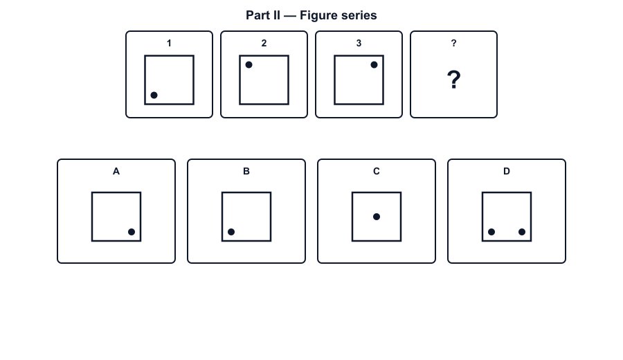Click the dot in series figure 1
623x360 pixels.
tap(154, 95)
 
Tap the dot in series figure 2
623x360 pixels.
tap(249, 65)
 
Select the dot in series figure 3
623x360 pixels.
tap(374, 65)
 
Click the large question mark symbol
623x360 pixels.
tap(453, 80)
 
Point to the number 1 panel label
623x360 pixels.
tap(169, 43)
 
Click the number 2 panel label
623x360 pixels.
tap(264, 43)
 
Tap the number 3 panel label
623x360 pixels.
tap(359, 43)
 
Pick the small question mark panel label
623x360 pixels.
tap(453, 43)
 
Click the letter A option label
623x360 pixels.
tap(116, 171)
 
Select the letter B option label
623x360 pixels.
tap(246, 171)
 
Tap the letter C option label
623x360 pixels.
tap(377, 171)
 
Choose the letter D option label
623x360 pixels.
tap(507, 171)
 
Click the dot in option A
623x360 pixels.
tap(132, 232)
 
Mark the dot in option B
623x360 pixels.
tap(231, 232)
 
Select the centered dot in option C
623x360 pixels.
tap(377, 217)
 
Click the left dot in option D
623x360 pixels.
tap(491, 232)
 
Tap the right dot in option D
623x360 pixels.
tap(522, 232)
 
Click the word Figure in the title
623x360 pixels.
tap(317, 15)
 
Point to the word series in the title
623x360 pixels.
tap(358, 15)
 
